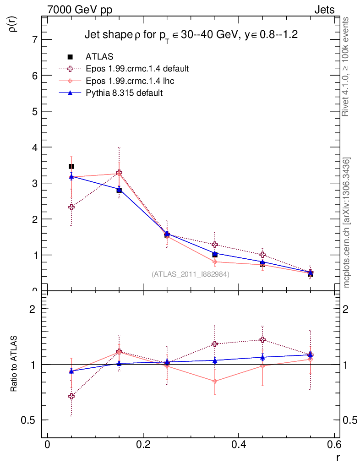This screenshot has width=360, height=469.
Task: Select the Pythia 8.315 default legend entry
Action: [x=124, y=93]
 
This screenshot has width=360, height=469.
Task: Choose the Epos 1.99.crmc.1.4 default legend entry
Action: [x=137, y=69]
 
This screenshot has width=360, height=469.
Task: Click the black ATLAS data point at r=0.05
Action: [x=71, y=166]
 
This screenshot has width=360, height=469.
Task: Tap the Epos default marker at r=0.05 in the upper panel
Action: [x=71, y=207]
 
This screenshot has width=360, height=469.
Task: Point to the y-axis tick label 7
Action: [x=35, y=39]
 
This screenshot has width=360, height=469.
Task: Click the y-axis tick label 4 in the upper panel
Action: [x=35, y=147]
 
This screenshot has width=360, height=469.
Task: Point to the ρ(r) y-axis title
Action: [x=13, y=24]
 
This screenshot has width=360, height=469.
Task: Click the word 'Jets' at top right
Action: [x=324, y=10]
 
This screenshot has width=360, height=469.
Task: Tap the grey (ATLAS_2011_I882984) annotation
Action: [x=191, y=274]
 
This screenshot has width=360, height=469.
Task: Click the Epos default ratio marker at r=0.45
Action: [x=262, y=339]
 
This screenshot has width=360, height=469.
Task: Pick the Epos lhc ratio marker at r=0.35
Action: [x=215, y=381]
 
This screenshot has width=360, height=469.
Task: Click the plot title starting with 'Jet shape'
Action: [x=185, y=35]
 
